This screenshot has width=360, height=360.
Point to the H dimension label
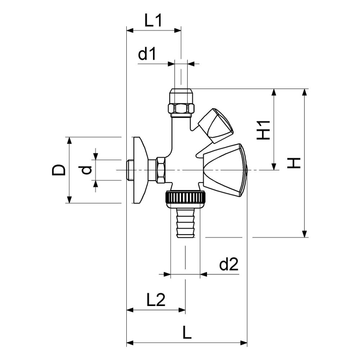pos(294,163)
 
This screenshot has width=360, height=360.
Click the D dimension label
pos(59,170)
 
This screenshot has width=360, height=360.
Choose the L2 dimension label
pos(156,300)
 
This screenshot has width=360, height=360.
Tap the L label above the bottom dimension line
pos(187,333)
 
